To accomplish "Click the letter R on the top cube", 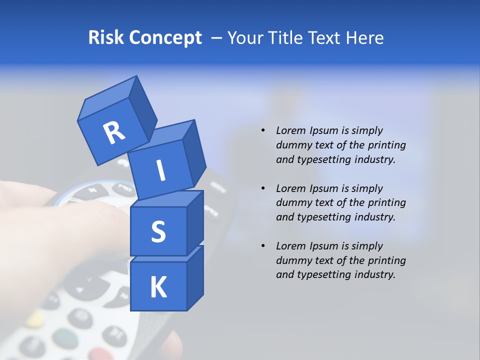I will pyautogui.click(x=114, y=132).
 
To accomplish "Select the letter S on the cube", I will pyautogui.click(x=158, y=231).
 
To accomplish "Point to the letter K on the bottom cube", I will pyautogui.click(x=158, y=287).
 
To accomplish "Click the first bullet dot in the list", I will pyautogui.click(x=262, y=130).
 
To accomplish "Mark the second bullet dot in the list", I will pyautogui.click(x=262, y=188).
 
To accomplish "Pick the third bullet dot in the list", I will pyautogui.click(x=262, y=246).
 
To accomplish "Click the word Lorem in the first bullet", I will pyautogui.click(x=290, y=130).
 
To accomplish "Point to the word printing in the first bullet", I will pyautogui.click(x=386, y=145).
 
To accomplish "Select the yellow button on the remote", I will pyautogui.click(x=35, y=318).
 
